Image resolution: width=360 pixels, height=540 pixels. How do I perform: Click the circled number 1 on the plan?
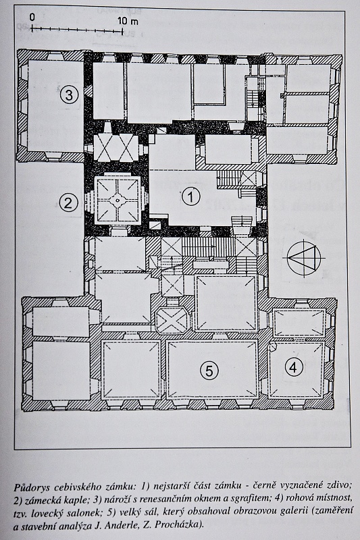tap(191, 197)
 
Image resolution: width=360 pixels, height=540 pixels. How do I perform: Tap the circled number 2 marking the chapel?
tap(68, 203)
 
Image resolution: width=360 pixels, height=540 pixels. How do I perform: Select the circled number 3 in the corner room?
tap(69, 94)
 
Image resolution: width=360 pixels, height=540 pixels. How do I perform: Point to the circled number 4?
tap(294, 367)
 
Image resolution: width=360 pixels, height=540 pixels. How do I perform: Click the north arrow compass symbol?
tap(304, 258)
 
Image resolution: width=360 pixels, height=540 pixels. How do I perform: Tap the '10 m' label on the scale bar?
tap(128, 21)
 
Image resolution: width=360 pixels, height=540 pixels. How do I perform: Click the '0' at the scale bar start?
tap(32, 18)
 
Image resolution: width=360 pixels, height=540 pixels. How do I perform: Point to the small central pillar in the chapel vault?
tap(117, 200)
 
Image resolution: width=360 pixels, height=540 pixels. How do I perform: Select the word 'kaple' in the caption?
tap(76, 498)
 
